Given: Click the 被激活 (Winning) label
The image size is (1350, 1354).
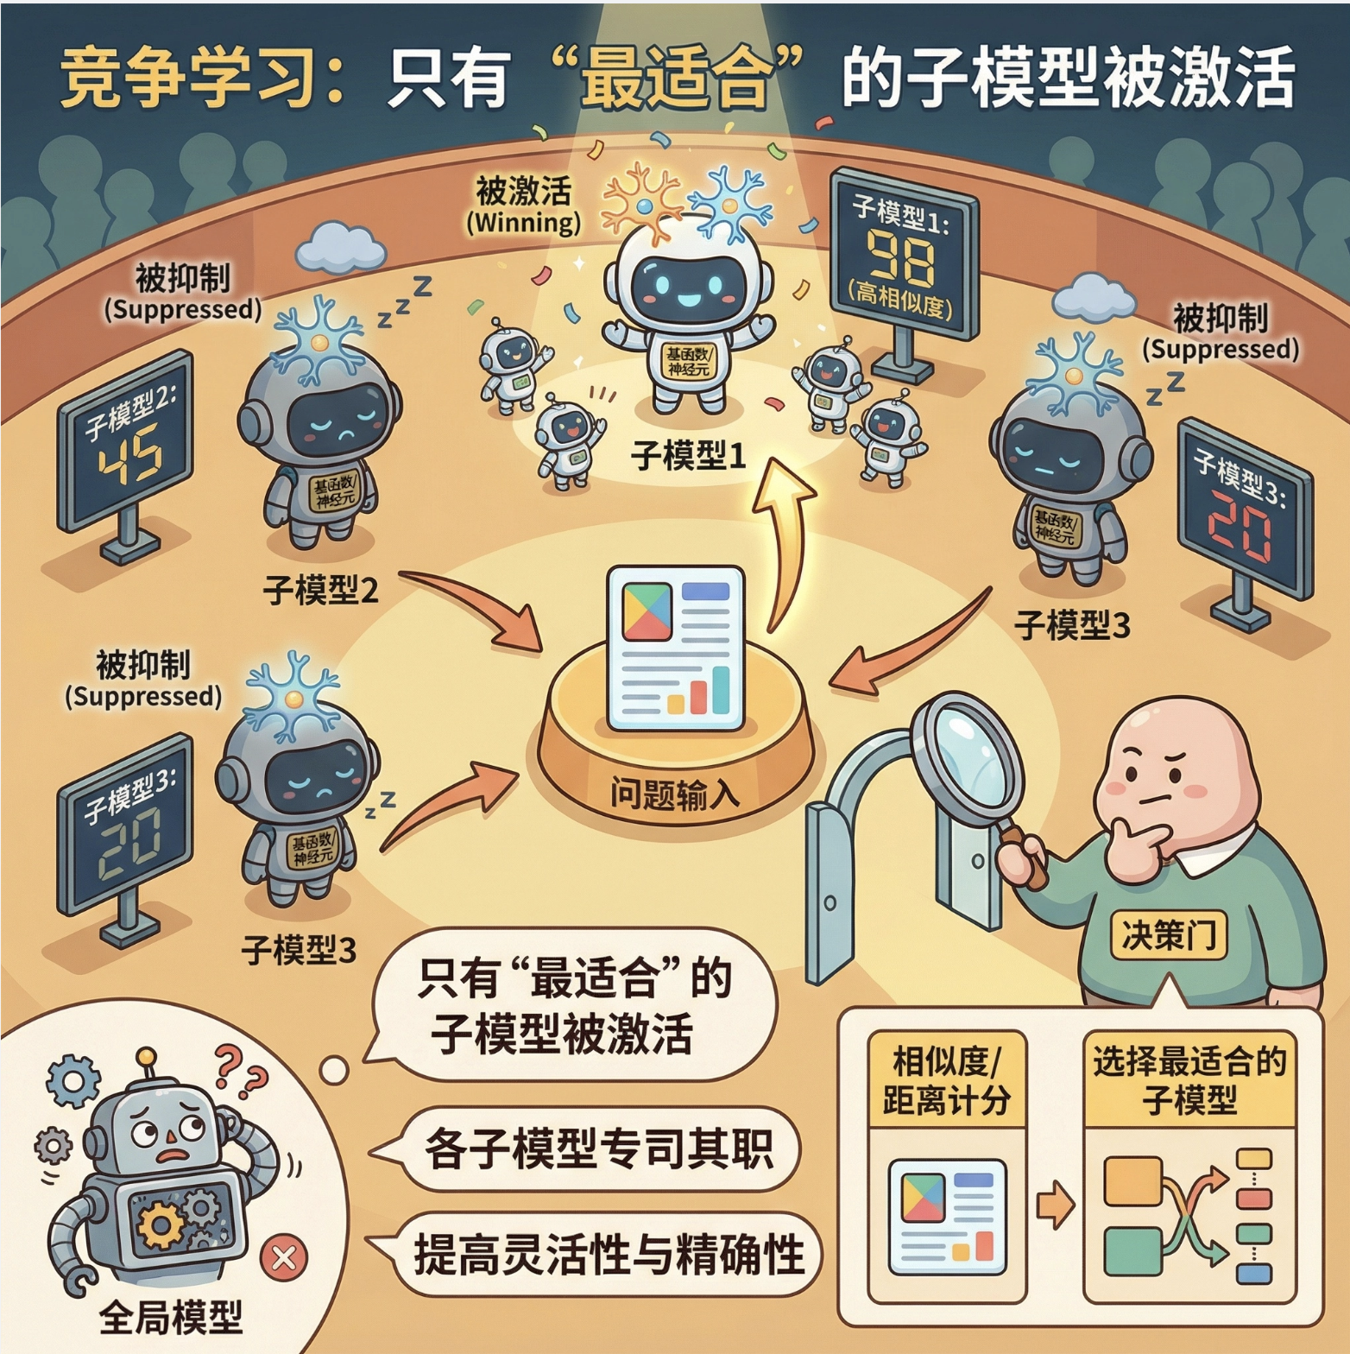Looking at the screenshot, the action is coord(524,206).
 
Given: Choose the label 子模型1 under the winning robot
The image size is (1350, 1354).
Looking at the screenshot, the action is coord(688,455).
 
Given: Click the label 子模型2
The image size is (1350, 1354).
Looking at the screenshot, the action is coord(320,591).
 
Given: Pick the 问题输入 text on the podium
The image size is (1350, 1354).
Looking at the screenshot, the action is coord(674,793).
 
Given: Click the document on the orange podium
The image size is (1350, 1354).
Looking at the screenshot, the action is coord(675,648).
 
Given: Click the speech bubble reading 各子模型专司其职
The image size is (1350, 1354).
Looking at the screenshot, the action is coord(597,1148).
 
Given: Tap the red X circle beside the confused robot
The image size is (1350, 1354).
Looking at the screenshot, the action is coord(284,1257).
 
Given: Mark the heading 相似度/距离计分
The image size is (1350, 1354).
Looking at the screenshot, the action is coord(946,1079).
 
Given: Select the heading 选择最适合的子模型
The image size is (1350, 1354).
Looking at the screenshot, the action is coord(1189,1079).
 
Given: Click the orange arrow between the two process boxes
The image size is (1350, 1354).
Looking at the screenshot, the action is coord(1054,1205).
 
